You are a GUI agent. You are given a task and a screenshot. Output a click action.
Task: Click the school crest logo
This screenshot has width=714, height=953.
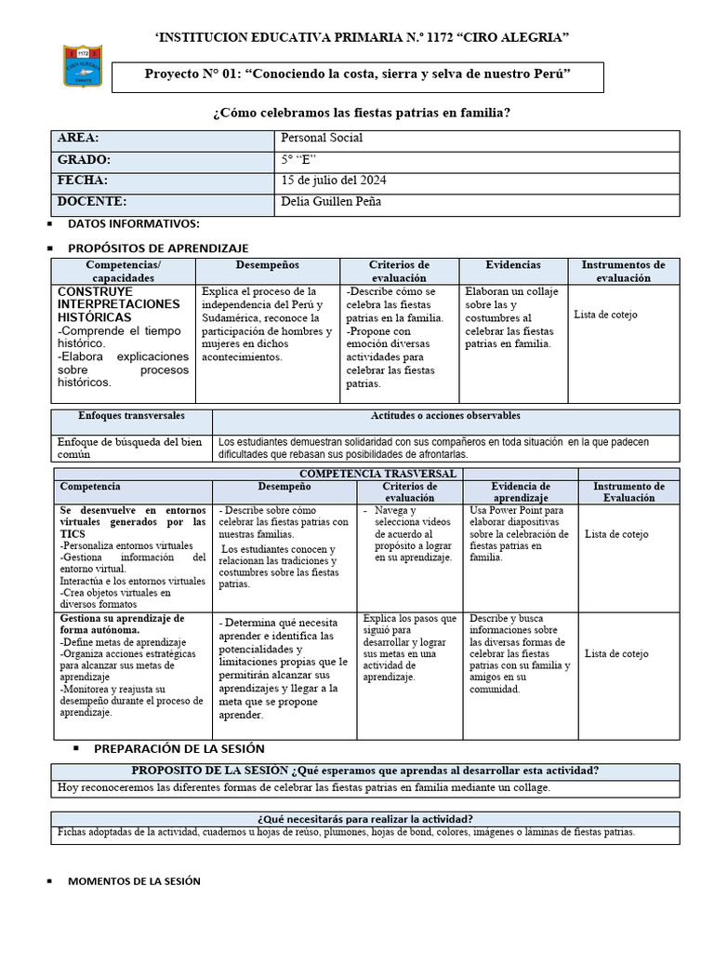point(83,66)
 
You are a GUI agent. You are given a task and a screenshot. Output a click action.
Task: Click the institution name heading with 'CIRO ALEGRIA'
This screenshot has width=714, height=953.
point(362,37)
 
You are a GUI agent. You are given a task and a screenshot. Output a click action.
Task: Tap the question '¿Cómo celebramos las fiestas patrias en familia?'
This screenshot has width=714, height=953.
point(362,113)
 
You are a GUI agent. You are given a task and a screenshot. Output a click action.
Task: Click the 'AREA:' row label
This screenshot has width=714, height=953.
point(78,138)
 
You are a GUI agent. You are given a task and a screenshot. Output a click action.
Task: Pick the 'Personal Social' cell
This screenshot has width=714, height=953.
point(322,138)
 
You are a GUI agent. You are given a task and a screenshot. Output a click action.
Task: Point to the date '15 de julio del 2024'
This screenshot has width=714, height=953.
point(334,180)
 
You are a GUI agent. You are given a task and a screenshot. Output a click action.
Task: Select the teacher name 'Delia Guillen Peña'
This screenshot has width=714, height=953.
point(330,201)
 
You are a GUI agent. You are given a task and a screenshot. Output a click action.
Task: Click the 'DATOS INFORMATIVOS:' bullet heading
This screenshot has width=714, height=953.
point(133,224)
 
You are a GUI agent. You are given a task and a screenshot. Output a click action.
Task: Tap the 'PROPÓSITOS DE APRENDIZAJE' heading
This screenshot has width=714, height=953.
point(158,248)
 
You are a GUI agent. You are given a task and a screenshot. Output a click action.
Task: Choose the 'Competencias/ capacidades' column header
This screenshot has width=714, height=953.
point(123,271)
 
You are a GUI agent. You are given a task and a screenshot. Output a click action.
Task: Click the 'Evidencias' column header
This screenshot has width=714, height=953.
point(512,265)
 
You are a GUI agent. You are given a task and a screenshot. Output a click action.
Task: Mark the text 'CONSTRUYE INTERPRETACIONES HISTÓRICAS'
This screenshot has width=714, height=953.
point(118,304)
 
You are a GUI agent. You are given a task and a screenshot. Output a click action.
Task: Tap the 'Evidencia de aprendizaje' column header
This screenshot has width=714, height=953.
point(521,491)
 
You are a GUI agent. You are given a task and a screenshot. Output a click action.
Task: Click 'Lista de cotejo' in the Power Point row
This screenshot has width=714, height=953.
point(616,534)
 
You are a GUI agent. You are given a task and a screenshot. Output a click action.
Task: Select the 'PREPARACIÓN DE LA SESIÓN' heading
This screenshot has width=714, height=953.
point(179,748)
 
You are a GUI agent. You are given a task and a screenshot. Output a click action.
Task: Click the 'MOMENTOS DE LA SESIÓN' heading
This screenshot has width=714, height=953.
point(134,880)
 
